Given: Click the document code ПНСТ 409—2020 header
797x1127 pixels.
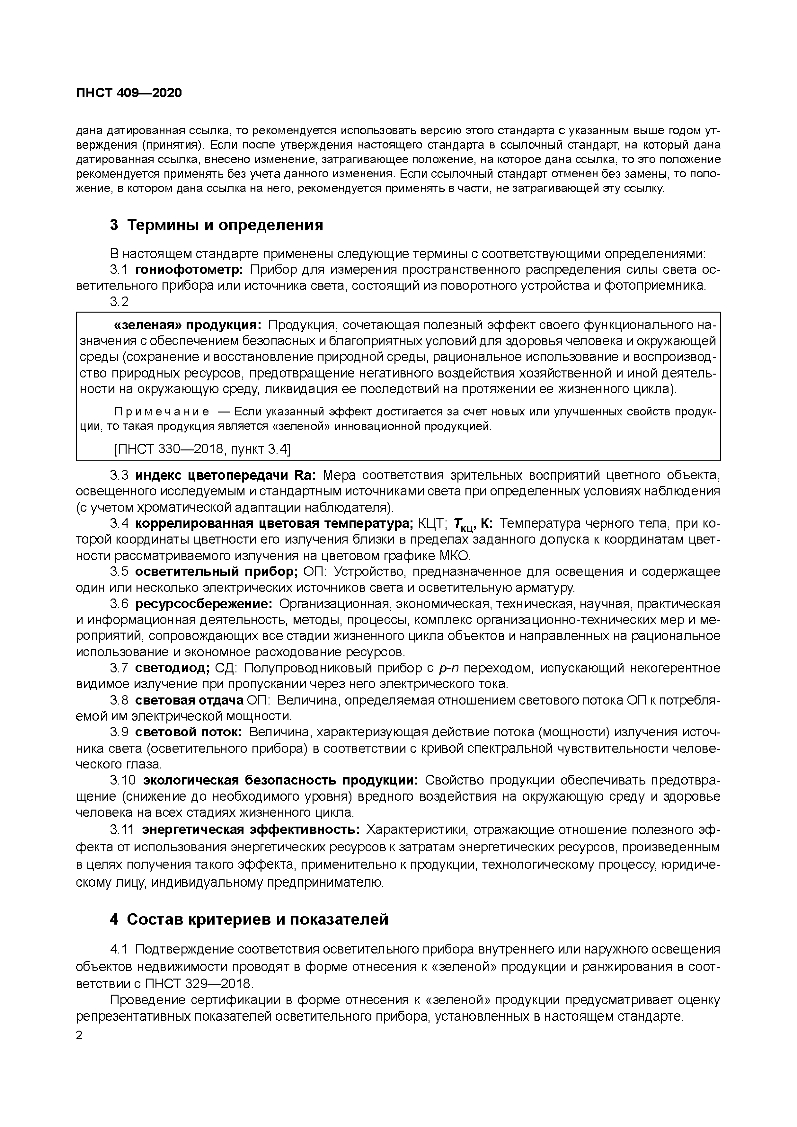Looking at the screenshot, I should pos(128,93).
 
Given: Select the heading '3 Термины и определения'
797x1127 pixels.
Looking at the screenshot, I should pos(217,225).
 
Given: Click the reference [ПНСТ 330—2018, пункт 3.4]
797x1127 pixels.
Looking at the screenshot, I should pos(202,449).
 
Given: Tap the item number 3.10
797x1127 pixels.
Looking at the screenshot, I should pos(123,780).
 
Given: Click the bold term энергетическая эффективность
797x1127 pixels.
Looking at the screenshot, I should pos(251,830).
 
